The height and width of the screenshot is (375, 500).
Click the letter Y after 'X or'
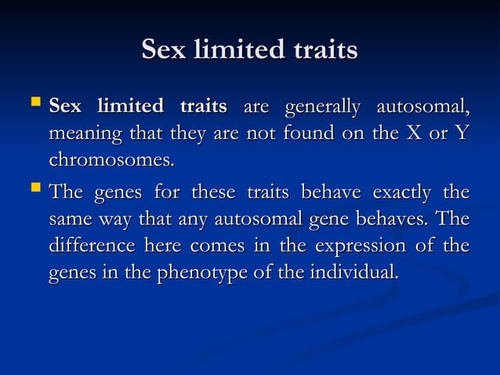(462, 133)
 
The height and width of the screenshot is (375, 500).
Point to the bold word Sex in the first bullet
(67, 106)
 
